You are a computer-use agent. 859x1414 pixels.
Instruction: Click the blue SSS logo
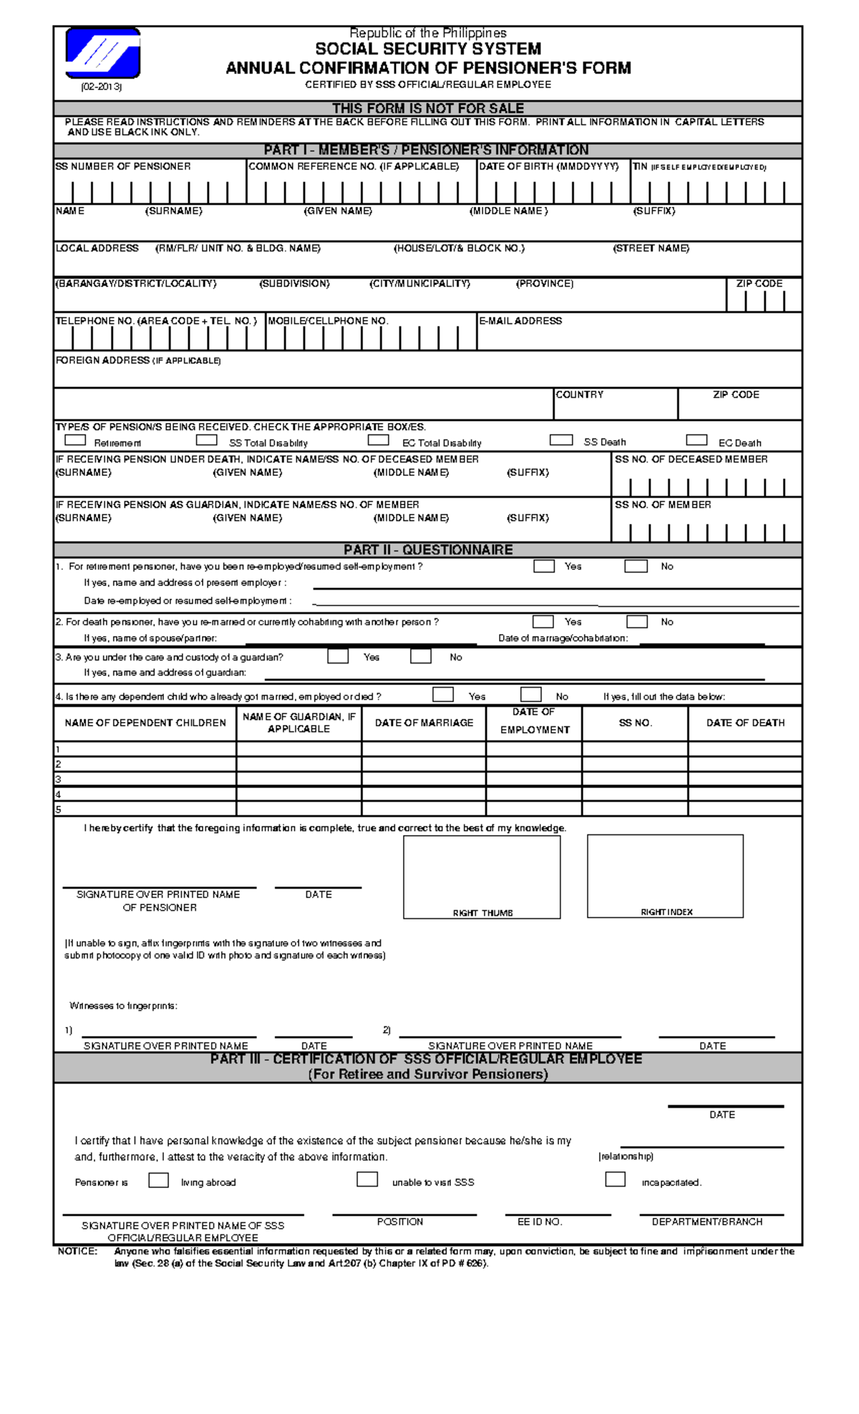(x=102, y=53)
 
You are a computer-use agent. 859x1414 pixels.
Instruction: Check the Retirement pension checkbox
(x=75, y=440)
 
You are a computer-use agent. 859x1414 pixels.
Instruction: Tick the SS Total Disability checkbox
(x=206, y=440)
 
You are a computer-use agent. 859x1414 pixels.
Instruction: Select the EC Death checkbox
(x=696, y=440)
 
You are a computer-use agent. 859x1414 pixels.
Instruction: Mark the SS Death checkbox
(x=560, y=440)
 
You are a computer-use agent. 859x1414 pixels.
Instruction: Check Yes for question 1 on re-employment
(x=544, y=566)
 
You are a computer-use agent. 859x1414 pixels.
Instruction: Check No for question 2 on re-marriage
(x=636, y=622)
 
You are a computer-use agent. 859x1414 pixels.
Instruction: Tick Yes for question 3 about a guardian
(x=338, y=656)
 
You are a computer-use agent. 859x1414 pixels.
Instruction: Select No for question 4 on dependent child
(x=530, y=695)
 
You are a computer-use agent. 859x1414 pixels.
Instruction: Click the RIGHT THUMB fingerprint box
(x=482, y=876)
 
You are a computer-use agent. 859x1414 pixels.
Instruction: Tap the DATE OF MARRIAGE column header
(x=424, y=723)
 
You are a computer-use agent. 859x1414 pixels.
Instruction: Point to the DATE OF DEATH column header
(x=745, y=723)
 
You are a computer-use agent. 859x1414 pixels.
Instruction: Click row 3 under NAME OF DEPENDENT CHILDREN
(x=145, y=779)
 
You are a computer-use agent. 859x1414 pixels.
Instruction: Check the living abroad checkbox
(x=158, y=1180)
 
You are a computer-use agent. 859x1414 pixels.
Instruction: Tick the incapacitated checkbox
(x=615, y=1179)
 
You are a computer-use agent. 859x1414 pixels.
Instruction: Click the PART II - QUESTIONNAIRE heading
(x=428, y=550)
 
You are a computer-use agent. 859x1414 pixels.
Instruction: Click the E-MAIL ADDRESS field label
(x=520, y=321)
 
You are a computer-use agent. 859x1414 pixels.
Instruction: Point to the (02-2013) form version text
(x=101, y=87)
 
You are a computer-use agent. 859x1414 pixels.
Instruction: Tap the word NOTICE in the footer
(x=77, y=1251)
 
